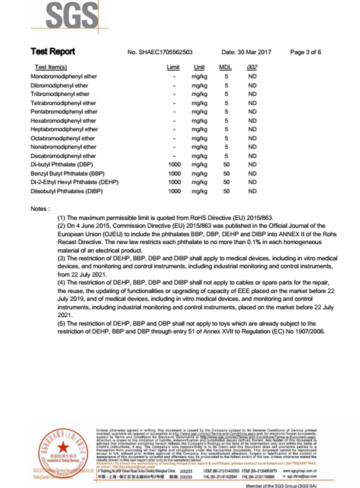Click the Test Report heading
click(53, 52)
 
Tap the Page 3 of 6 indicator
click(306, 52)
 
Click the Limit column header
click(173, 67)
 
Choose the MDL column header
click(225, 67)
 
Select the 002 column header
click(252, 67)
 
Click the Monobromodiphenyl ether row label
click(64, 76)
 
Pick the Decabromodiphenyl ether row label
click(63, 156)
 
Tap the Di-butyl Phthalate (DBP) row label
click(62, 165)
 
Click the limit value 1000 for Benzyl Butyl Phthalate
click(174, 174)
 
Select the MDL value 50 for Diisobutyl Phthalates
click(226, 191)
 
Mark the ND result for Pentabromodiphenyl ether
click(252, 112)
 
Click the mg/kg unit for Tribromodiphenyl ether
click(199, 94)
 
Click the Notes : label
click(40, 209)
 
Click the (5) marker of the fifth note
click(62, 323)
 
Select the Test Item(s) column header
click(51, 67)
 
